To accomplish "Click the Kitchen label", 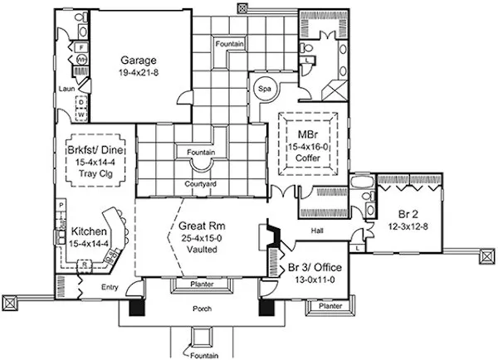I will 87,231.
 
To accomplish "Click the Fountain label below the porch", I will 201,355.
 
